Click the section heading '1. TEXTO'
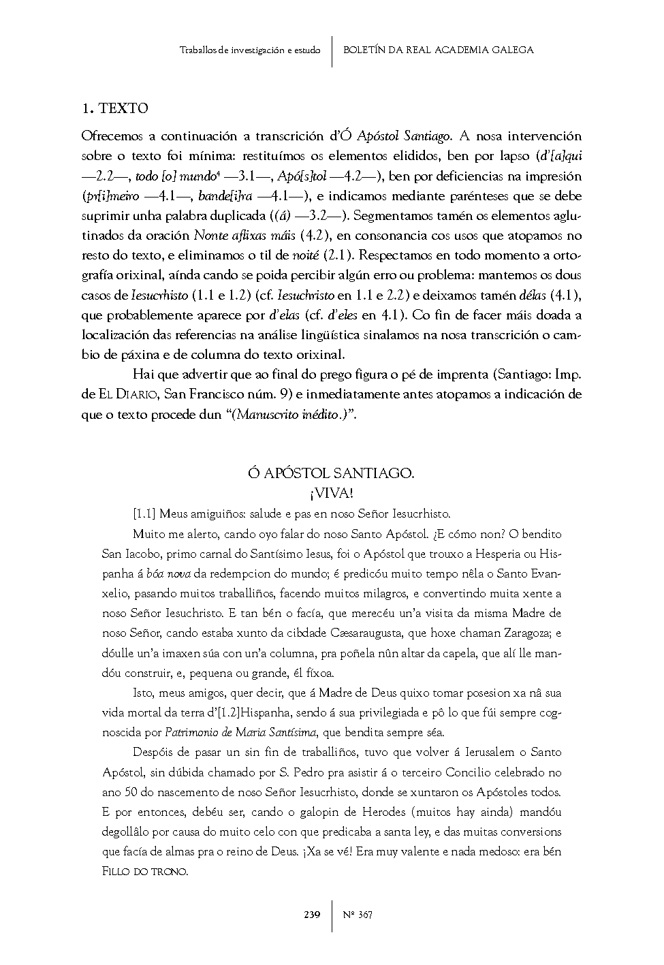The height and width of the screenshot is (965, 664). [x=114, y=108]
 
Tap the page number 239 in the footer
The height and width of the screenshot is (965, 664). [x=312, y=915]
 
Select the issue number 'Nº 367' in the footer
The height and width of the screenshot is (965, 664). [x=358, y=915]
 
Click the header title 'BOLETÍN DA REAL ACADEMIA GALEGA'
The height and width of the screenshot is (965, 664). [x=439, y=50]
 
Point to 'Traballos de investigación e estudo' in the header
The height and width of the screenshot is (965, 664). [x=250, y=50]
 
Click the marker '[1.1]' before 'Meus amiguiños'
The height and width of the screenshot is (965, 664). [x=144, y=514]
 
